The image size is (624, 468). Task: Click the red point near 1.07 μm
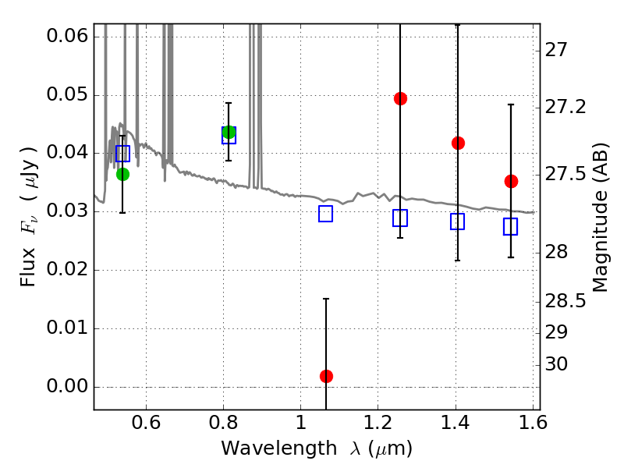[x=326, y=376]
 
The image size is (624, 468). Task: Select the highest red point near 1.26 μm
[x=400, y=98]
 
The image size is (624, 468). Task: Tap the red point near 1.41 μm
[x=458, y=143]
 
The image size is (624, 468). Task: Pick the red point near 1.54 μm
[x=511, y=181]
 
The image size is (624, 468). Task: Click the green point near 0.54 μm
[x=122, y=174]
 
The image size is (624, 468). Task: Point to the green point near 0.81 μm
[x=229, y=132]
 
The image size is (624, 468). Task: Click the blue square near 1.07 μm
[x=326, y=214]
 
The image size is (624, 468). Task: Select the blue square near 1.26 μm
[x=400, y=218]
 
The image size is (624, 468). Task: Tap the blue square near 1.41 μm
[x=458, y=222]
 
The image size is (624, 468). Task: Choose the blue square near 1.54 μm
[x=511, y=226]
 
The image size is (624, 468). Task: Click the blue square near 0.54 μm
[x=122, y=153]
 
